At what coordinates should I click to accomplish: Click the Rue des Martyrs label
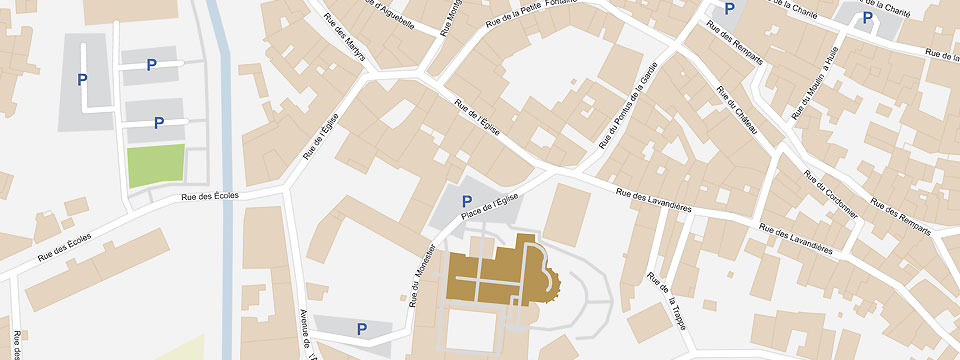pyautogui.click(x=342, y=40)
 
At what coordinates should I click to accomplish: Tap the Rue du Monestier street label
pyautogui.click(x=422, y=271)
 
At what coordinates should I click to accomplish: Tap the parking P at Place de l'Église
pyautogui.click(x=466, y=202)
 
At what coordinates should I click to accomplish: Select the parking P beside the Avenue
pyautogui.click(x=361, y=328)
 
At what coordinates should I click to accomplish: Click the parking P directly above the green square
pyautogui.click(x=158, y=123)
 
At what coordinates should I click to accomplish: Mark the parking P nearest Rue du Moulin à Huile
pyautogui.click(x=866, y=17)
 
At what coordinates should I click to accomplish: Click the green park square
pyautogui.click(x=156, y=165)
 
